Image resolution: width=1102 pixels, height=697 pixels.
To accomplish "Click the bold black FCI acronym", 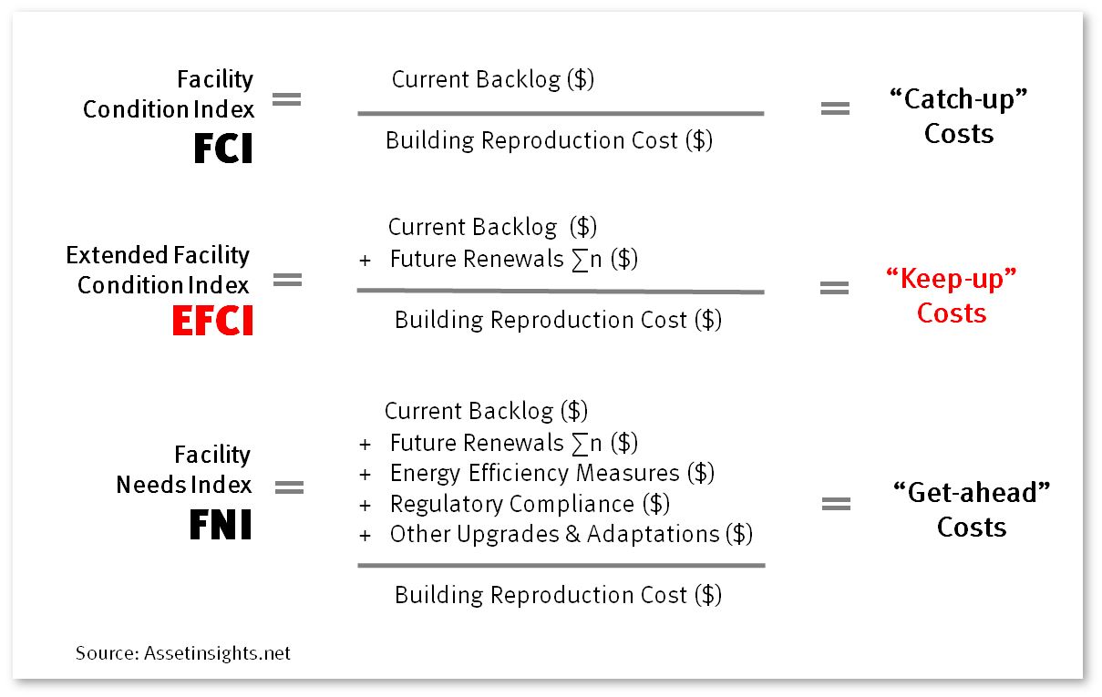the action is tap(223, 149).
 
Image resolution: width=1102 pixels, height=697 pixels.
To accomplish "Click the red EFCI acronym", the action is tap(212, 320).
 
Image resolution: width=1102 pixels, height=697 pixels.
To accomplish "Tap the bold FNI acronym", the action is tap(221, 525).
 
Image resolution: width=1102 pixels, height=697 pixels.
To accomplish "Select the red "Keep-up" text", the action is tap(952, 279).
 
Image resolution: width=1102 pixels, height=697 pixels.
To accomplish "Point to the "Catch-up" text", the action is tap(959, 99).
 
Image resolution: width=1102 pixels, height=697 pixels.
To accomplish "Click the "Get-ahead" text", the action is tap(972, 492).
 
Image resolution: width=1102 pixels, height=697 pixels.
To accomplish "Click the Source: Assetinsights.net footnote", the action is tap(183, 653).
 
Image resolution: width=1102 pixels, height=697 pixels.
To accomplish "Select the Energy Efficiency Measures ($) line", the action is tap(552, 473).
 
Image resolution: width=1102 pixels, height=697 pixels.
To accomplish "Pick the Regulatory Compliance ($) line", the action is tap(530, 504).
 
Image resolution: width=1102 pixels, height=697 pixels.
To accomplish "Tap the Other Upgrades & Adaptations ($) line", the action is tap(572, 534).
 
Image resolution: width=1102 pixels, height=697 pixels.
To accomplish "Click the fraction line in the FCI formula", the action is tap(561, 114).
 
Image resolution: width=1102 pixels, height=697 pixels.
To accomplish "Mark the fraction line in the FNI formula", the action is tap(561, 566).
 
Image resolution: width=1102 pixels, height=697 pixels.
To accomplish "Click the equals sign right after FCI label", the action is tap(287, 99).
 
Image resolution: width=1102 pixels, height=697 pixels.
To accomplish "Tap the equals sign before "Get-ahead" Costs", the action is tap(837, 504).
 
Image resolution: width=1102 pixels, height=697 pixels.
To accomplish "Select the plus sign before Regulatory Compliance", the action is tap(365, 506).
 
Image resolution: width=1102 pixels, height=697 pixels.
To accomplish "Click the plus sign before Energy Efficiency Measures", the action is tap(365, 475).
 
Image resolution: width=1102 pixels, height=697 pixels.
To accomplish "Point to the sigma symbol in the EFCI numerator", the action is tap(580, 260).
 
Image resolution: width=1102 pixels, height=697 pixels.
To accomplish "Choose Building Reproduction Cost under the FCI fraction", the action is tap(549, 140).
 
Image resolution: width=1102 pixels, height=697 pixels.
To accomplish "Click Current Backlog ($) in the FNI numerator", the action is tap(486, 411).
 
